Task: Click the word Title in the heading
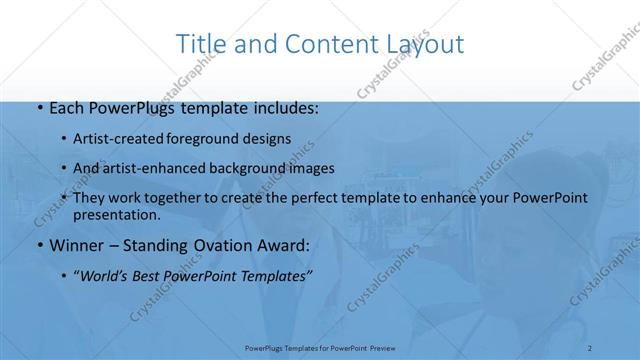pos(200,44)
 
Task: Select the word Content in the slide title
pos(323,44)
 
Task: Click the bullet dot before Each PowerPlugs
pos(38,108)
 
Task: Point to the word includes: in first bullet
pos(285,108)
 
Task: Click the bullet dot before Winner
pos(38,245)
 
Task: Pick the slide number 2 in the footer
pos(590,346)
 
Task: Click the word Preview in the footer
pos(382,346)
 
